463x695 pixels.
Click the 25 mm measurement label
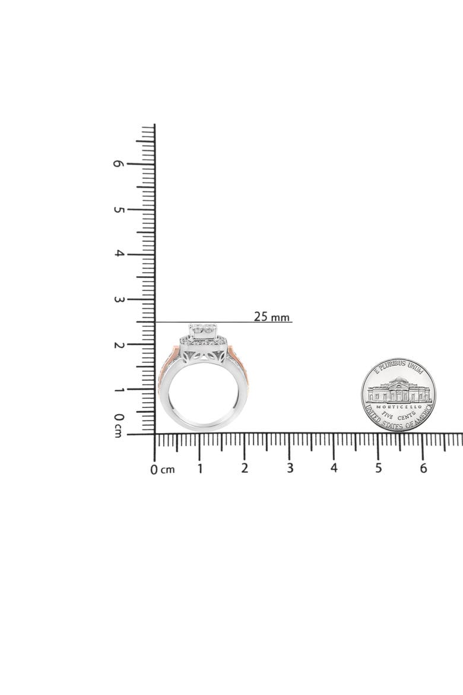(271, 317)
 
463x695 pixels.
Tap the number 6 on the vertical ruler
(118, 163)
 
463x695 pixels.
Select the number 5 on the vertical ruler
(118, 208)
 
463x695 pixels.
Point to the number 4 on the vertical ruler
(118, 254)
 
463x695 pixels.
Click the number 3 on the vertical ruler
(118, 299)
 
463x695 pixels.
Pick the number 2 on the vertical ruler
(118, 345)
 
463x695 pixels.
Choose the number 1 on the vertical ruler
(118, 390)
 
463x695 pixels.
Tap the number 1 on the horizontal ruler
(200, 469)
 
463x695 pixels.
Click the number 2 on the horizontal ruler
(245, 468)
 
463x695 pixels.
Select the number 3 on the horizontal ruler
(290, 468)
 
